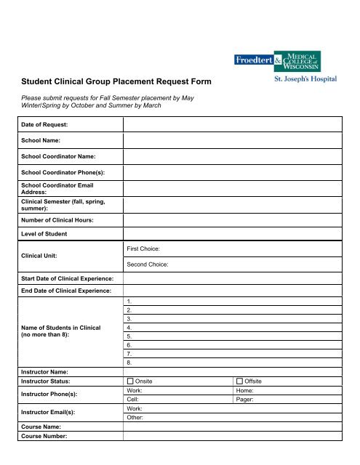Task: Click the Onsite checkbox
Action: [130, 381]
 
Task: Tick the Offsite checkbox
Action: [240, 381]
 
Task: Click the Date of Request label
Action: [44, 125]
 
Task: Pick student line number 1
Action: [129, 301]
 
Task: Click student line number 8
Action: [129, 362]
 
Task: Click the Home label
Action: [247, 390]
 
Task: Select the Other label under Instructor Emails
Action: [135, 418]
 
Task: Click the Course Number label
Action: [49, 436]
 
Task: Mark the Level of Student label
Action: [44, 233]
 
